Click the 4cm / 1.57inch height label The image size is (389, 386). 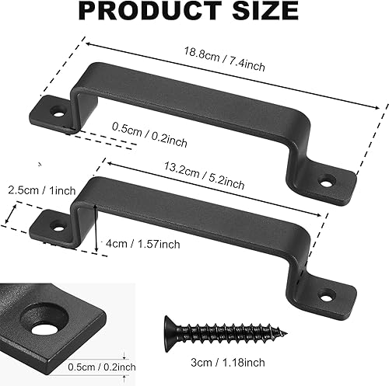(142, 244)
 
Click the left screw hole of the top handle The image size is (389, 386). (57, 112)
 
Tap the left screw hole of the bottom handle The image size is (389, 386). (57, 225)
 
